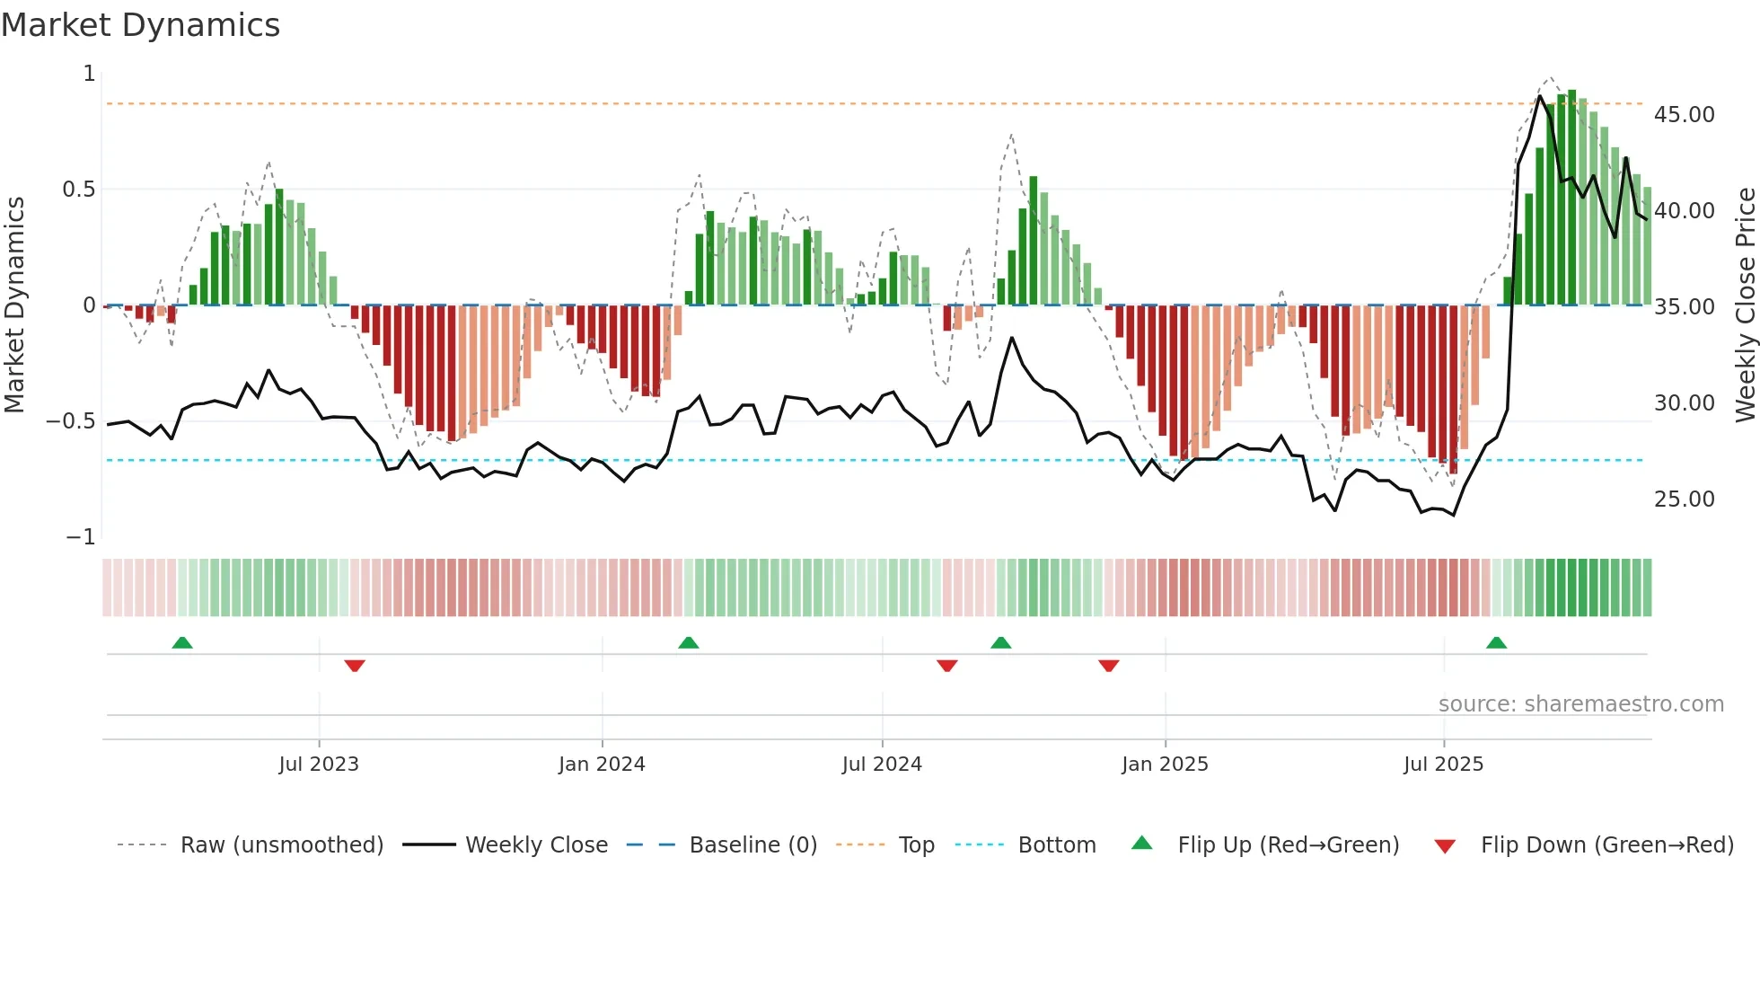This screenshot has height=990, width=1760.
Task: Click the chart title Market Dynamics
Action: tap(141, 25)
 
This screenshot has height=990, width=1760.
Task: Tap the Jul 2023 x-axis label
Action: tap(318, 764)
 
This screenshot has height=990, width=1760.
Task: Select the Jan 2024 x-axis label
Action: tap(602, 764)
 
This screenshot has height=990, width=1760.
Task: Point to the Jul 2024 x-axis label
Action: tap(882, 764)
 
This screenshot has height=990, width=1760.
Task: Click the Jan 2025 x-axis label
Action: tap(1165, 764)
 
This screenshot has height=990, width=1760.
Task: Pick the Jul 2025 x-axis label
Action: tap(1443, 764)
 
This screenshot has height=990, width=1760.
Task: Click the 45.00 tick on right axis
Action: tap(1684, 115)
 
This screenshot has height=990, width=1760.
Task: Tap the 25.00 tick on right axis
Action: tap(1684, 499)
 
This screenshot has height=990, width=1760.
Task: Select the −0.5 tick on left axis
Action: tap(71, 421)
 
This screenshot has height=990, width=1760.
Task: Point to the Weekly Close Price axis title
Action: tap(1745, 305)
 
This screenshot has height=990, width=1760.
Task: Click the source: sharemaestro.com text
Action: tap(1580, 704)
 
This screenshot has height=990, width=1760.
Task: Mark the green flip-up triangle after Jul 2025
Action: tap(1496, 642)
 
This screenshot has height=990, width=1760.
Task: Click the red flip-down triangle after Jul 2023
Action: tap(355, 666)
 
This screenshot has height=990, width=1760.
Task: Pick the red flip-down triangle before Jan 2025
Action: tap(1108, 666)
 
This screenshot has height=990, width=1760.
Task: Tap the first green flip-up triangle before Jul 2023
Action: tap(182, 642)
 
